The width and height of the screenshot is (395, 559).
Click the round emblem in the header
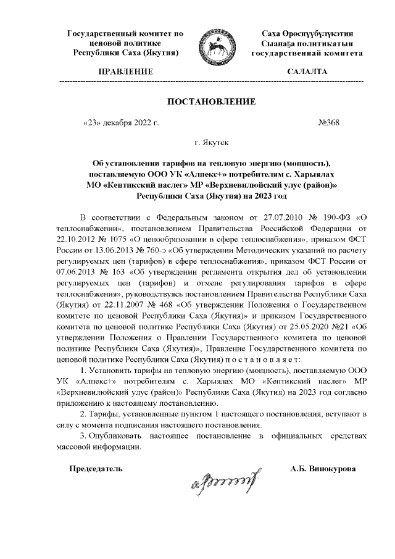(213, 49)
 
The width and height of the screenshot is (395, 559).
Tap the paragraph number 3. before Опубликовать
(86, 435)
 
